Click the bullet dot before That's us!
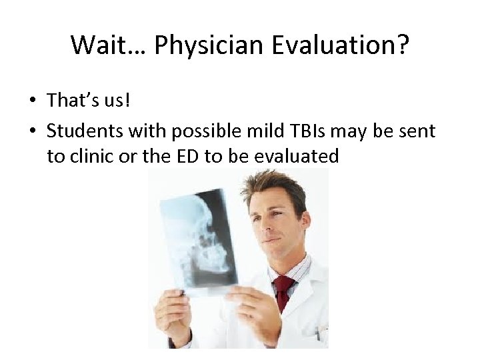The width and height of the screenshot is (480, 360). pos(32,101)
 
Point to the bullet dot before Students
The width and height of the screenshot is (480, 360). pos(32,131)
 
